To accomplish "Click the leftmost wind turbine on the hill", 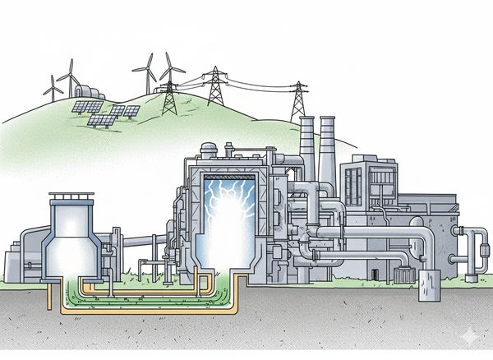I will pos(53,86).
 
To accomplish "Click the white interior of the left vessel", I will pos(73,247).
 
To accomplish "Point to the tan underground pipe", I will pos(148,312).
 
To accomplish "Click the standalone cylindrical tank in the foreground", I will pos(430,284).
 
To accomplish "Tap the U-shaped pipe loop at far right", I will pos(476,247).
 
